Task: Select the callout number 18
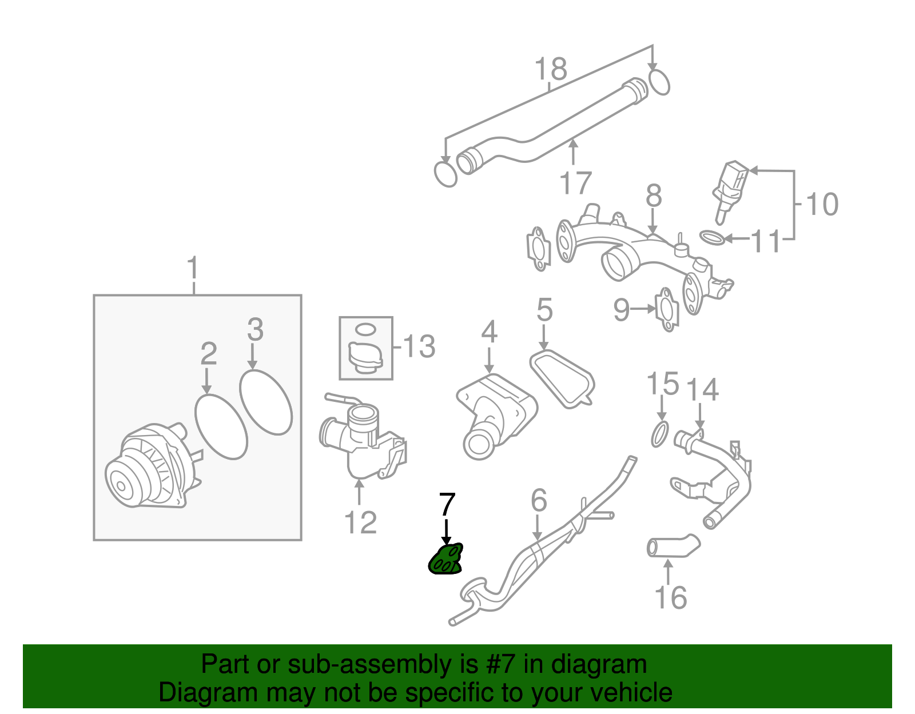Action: [x=550, y=69]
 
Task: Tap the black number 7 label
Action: [x=447, y=504]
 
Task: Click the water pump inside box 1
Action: [x=152, y=466]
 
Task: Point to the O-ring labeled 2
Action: [x=221, y=426]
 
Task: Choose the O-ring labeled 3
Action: [x=266, y=402]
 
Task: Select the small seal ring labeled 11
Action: [x=712, y=237]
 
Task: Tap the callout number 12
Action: [x=360, y=522]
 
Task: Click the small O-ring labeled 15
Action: [x=659, y=434]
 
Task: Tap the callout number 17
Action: [x=575, y=183]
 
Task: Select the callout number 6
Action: [x=539, y=500]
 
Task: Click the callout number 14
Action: [x=702, y=390]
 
